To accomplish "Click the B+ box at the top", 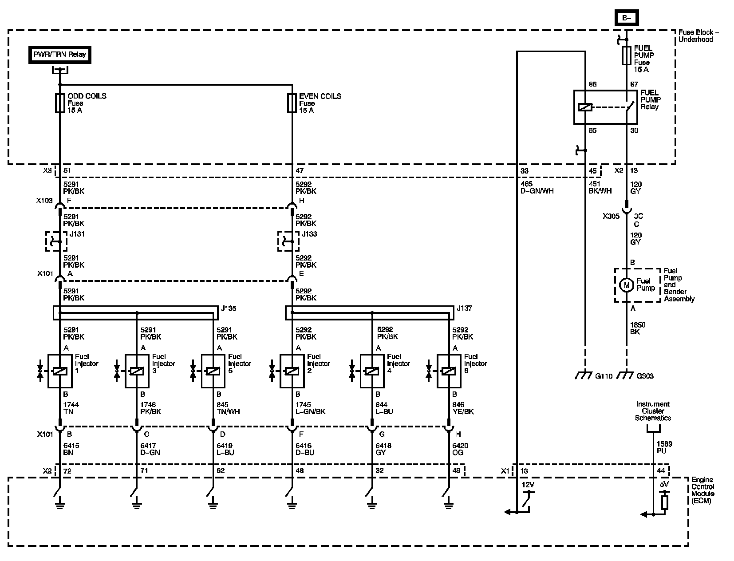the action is tap(626, 18).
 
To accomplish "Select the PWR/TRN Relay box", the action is tap(60, 55).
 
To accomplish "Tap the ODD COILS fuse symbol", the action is tap(60, 103).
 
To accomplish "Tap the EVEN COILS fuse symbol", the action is tap(292, 103).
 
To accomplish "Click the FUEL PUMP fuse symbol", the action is tap(626, 55).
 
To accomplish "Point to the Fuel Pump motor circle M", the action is tap(626, 285).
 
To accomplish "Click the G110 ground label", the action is tap(604, 376).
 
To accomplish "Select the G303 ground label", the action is tap(645, 376).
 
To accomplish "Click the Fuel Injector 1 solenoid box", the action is tap(60, 371).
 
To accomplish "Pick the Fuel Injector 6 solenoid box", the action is tap(449, 371).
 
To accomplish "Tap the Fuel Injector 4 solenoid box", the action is tap(372, 371).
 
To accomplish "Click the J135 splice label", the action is tap(229, 308).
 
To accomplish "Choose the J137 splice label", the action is tap(465, 308).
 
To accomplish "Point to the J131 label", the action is tap(77, 234).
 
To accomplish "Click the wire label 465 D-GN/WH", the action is tap(537, 188).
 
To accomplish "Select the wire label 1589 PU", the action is tap(664, 447).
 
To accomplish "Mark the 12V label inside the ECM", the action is tap(528, 485).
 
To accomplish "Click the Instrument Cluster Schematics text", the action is tap(653, 411).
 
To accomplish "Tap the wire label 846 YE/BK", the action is tap(463, 408).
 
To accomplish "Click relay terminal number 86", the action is tap(592, 84).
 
